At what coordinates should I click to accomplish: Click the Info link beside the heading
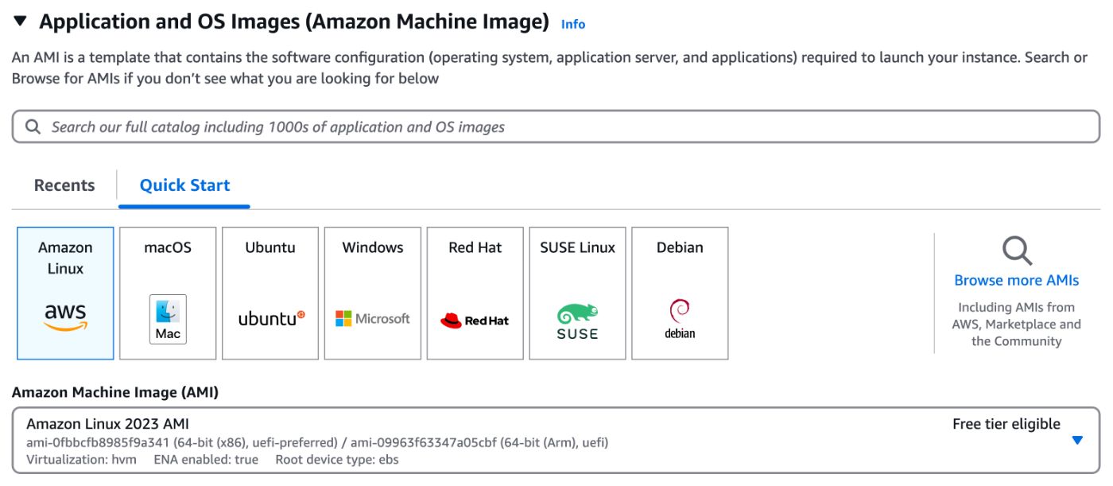(x=572, y=25)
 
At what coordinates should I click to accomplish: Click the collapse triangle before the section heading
(x=20, y=23)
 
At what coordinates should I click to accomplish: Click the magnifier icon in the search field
(x=33, y=126)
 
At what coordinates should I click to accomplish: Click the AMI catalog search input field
(x=556, y=126)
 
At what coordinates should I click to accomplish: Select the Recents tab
(x=64, y=185)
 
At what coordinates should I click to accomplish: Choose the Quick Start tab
(x=184, y=185)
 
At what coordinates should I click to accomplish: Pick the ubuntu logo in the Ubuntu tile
(x=271, y=319)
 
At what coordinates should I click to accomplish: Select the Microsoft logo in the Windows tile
(x=373, y=319)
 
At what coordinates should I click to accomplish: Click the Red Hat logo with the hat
(x=475, y=321)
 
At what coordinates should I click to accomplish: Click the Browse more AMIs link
(x=1016, y=280)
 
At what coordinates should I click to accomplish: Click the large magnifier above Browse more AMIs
(x=1016, y=251)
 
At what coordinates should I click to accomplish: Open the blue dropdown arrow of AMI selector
(x=1077, y=440)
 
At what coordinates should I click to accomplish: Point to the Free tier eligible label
(x=1006, y=424)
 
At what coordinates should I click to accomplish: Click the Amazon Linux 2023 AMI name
(x=107, y=424)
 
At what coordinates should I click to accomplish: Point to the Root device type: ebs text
(x=337, y=459)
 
